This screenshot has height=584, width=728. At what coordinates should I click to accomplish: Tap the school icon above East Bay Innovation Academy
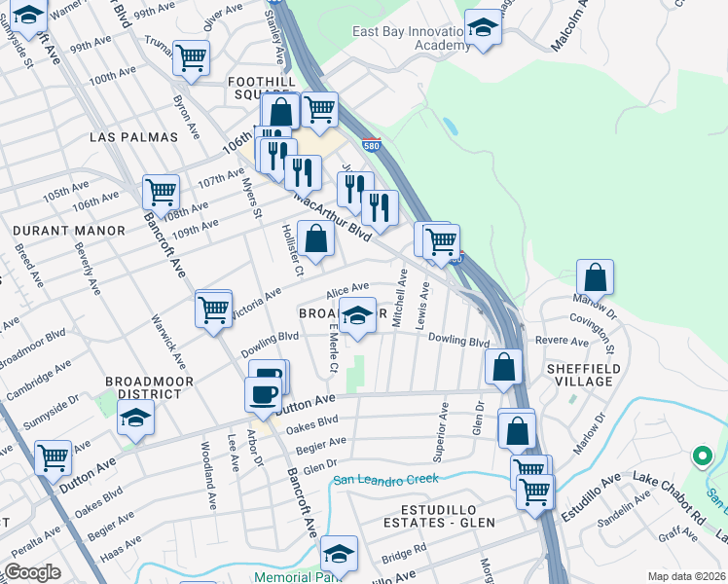click(482, 27)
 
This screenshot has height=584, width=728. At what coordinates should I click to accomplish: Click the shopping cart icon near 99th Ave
click(190, 56)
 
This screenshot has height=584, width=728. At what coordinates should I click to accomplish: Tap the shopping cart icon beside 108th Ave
click(161, 191)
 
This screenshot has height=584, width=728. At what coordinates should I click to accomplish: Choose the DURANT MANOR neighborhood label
click(69, 231)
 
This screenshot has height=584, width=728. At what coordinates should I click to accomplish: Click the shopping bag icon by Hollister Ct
click(315, 237)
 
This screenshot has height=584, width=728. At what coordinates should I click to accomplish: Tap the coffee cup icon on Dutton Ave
click(261, 393)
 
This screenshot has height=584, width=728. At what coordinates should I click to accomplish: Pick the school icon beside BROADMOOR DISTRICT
click(135, 418)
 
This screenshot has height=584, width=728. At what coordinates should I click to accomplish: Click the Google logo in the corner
click(33, 572)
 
